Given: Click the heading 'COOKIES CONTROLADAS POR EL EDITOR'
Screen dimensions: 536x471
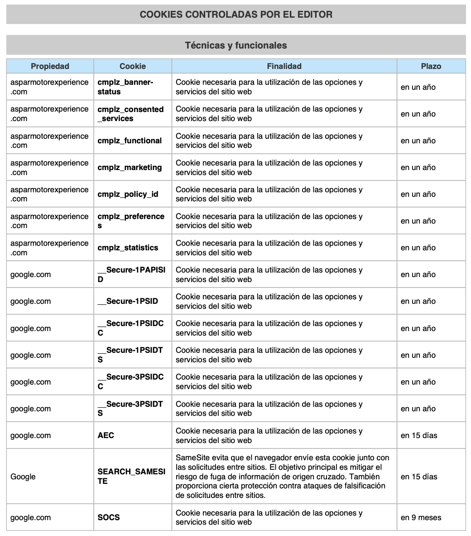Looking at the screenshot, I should click(x=235, y=15).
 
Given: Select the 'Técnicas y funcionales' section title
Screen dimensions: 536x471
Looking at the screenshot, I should click(x=235, y=45).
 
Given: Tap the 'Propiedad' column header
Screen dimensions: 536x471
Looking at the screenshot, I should click(x=50, y=66).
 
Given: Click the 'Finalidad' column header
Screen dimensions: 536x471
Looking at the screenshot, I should click(x=284, y=66).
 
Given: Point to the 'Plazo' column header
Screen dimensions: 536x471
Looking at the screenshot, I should click(x=431, y=66).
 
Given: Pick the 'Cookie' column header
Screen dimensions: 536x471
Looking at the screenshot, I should click(x=132, y=66).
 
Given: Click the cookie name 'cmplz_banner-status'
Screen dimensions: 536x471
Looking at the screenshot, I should click(x=125, y=87).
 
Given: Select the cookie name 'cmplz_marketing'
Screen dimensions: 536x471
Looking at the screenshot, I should click(x=130, y=167).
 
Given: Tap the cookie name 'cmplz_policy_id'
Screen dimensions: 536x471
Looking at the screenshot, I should click(x=128, y=194).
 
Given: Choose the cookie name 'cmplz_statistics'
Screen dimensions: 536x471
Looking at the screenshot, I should click(x=128, y=248).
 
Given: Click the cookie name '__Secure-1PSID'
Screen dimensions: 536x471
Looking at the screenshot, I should click(x=128, y=301).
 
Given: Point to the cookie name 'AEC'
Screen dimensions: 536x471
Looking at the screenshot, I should click(x=106, y=435).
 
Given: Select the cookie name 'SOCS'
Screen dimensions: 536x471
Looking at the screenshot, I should click(x=109, y=517).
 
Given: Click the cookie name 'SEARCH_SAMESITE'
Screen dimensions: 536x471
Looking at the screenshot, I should click(x=131, y=477).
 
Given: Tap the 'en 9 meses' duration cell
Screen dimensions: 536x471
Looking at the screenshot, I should click(x=421, y=517).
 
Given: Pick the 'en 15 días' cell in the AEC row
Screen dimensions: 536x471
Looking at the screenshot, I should click(x=419, y=435).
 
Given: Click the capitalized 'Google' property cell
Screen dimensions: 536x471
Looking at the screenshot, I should click(x=23, y=477).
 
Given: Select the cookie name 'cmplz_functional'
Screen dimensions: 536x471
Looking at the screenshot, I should click(x=130, y=141).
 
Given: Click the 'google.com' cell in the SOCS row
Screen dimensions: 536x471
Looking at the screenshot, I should click(x=30, y=517).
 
